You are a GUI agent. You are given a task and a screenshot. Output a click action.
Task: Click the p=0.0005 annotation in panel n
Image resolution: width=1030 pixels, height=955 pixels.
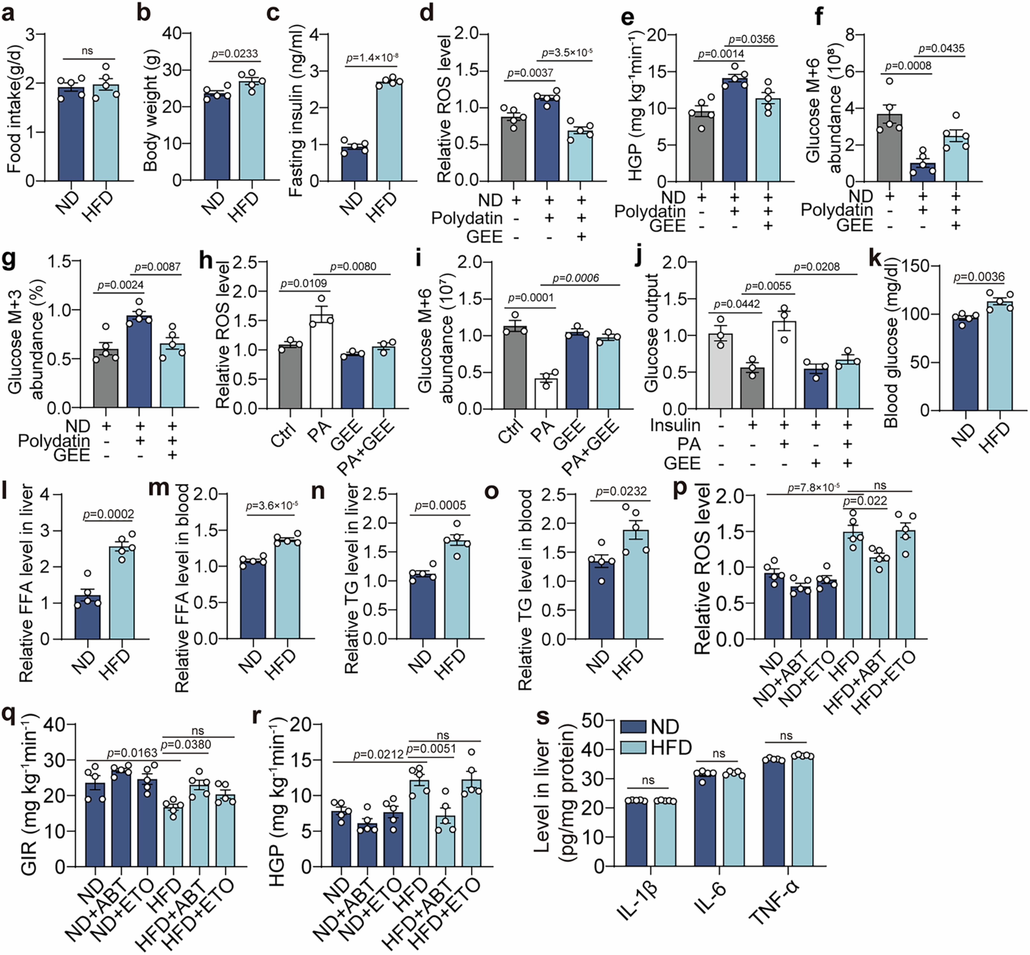point(440,505)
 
